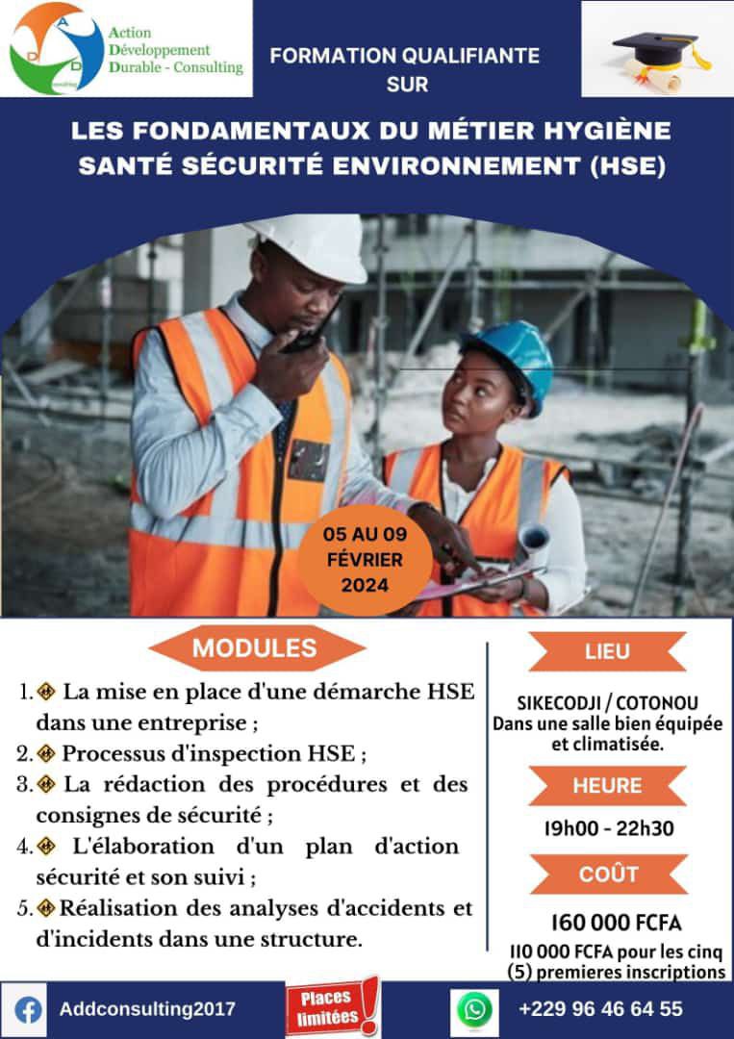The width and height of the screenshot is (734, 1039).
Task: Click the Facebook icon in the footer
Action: tap(30, 1010)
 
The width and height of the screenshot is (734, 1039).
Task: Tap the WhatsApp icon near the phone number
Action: tap(474, 1010)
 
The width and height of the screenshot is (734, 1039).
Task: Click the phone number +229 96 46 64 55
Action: tap(600, 1009)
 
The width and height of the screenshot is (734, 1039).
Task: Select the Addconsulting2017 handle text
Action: tap(147, 1009)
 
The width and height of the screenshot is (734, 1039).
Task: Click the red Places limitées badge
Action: tap(331, 1007)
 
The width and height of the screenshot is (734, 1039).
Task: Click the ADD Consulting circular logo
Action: tap(57, 48)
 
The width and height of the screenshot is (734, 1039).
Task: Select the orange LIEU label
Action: tap(607, 651)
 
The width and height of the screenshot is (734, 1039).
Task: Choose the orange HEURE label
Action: tap(607, 785)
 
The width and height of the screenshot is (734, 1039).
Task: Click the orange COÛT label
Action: tap(608, 874)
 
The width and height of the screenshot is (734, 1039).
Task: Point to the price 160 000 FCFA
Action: tap(616, 923)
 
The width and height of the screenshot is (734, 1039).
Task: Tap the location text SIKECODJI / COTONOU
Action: tap(607, 703)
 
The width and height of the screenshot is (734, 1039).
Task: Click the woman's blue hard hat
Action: tap(510, 356)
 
